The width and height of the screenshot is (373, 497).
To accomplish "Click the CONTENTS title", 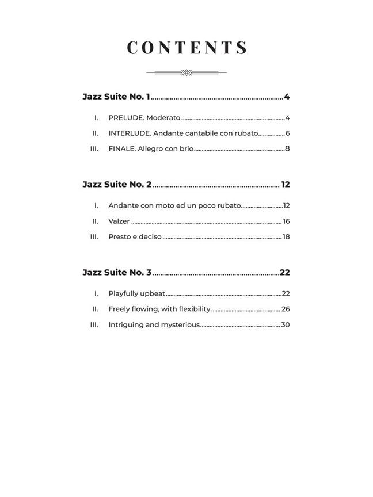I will [187, 48].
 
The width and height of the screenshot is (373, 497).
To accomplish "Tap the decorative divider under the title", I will [186, 72].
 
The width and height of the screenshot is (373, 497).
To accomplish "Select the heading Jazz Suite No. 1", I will [116, 97].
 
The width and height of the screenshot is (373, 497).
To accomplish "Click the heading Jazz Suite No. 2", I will [117, 185].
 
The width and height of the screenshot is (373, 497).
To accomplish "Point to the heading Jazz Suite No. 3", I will [117, 273].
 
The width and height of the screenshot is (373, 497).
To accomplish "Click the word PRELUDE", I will [125, 118].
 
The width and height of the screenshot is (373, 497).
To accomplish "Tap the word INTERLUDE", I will [130, 133].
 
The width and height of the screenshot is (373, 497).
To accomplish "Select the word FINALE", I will [121, 149].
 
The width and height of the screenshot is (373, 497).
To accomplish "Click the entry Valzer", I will [119, 221].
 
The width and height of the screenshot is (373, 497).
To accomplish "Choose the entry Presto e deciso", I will [135, 237].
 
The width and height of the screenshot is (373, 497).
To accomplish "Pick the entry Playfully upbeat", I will [136, 294].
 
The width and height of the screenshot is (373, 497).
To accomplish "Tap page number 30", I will [286, 325].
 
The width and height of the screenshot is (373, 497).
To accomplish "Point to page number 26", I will [286, 309].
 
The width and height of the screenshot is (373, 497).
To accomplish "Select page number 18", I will [286, 237].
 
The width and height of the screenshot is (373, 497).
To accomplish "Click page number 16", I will [286, 221].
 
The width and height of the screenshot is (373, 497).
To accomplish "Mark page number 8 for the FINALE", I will [287, 149].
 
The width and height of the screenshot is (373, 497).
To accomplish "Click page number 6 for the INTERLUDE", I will [287, 133].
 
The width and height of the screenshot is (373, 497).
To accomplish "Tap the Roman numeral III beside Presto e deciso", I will [94, 237].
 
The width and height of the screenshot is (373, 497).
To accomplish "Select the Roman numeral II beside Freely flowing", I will [95, 309].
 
